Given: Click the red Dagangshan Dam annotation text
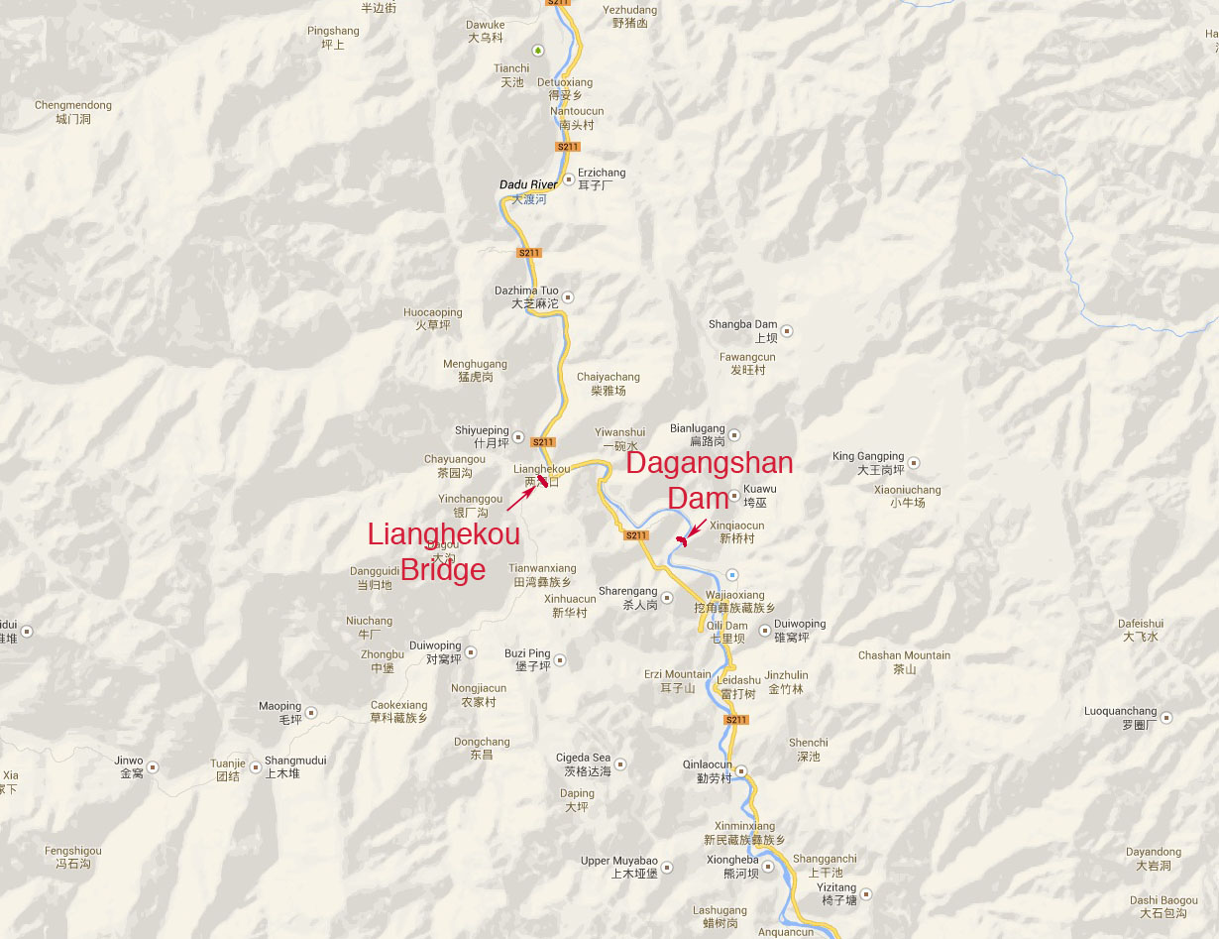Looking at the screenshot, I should (710, 479).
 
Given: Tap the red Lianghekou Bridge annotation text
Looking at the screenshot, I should (443, 551).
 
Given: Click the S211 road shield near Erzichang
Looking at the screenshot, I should (567, 147).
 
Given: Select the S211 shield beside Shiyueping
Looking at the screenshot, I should (542, 442).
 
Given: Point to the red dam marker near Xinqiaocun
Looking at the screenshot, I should (680, 541).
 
